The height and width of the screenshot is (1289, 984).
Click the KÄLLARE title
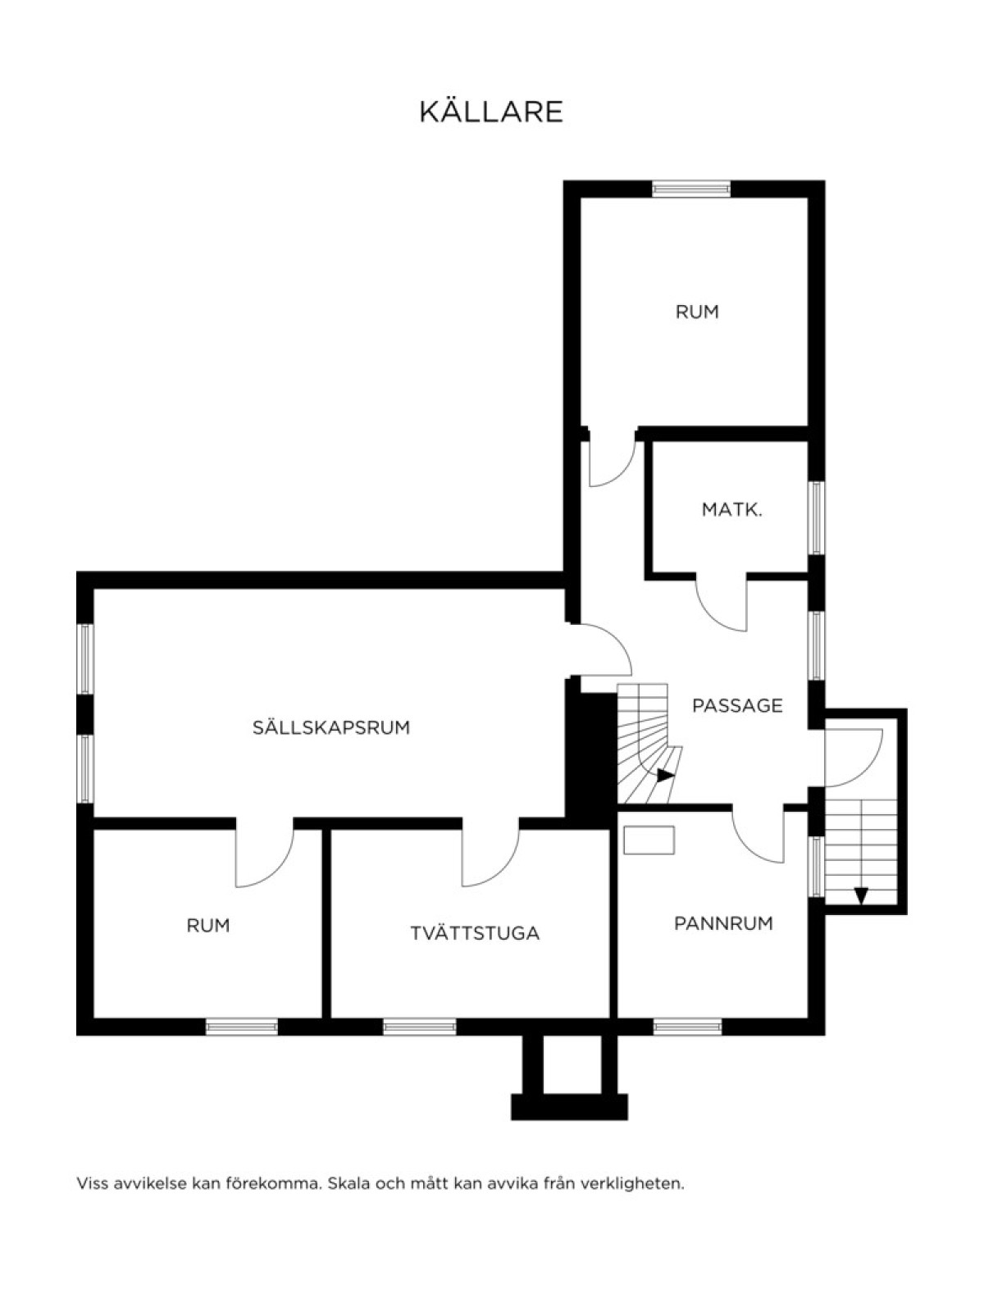[491, 111]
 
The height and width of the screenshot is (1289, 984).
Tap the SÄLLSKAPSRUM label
[331, 728]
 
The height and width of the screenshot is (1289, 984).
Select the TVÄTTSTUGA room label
[475, 933]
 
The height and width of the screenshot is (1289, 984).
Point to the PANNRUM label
[723, 924]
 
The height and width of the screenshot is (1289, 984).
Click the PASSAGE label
[737, 705]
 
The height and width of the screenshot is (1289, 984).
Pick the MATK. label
[732, 510]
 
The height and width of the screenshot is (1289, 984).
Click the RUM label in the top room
[697, 312]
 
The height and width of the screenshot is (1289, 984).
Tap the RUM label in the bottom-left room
[207, 926]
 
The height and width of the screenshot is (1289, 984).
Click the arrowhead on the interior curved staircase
[665, 776]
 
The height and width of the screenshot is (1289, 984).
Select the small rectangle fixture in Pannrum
[649, 840]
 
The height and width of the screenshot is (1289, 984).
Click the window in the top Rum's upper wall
[691, 189]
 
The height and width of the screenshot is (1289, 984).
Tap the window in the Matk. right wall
[817, 518]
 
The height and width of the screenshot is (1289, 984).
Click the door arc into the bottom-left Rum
[276, 869]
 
